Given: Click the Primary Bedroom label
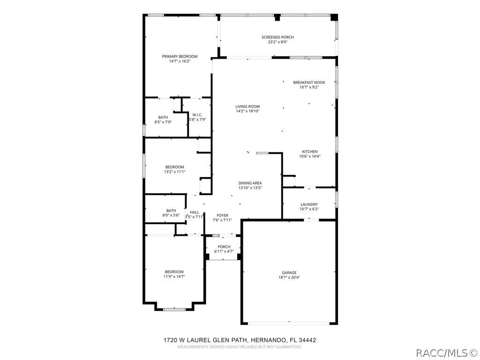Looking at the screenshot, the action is pos(180,56).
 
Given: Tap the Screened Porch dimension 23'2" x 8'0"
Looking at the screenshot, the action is pos(277,42).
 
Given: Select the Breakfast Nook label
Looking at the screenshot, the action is pos(309,82).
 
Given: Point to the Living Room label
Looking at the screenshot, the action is pos(247,106).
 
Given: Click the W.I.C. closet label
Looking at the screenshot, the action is pos(197,115).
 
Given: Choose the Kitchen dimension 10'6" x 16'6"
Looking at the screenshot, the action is pos(310,157).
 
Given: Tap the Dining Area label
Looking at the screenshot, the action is pos(250,183).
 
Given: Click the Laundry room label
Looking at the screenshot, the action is pos(309,204).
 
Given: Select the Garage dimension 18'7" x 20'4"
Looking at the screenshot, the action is pos(289,277).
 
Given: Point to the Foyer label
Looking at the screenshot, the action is pos(223,216).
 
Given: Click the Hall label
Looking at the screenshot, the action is pos(195,212).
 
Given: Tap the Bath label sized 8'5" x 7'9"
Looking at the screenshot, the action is pos(163,117).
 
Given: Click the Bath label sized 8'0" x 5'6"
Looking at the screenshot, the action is pos(171,210).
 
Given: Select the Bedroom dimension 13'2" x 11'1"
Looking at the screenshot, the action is pos(175,172).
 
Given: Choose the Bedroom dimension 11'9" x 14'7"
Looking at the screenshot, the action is pos(174,277).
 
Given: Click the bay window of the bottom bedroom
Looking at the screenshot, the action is pos(174,309).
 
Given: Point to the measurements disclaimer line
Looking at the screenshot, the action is pos(240,347).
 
